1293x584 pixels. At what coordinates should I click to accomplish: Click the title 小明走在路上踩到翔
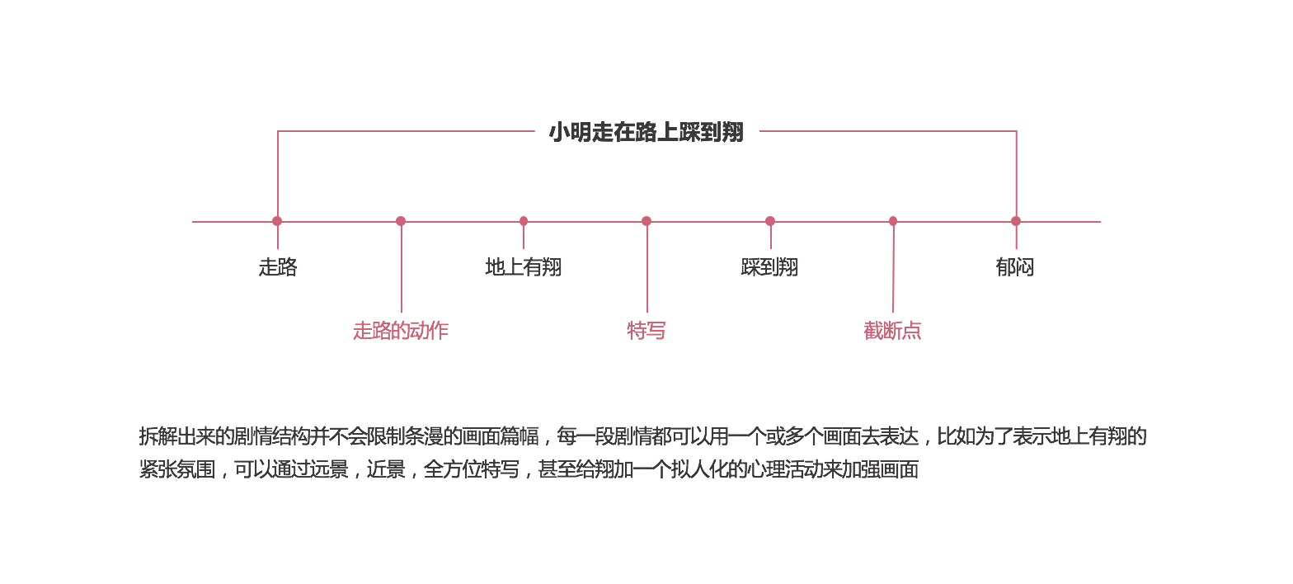[x=646, y=133]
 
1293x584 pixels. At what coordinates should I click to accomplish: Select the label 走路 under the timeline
[x=278, y=267]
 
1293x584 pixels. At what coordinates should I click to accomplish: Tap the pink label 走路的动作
[x=401, y=331]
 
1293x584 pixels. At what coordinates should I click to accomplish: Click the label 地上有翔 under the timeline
[x=524, y=267]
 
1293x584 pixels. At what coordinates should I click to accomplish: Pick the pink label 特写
[x=646, y=331]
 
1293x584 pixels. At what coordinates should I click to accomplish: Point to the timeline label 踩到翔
[x=769, y=267]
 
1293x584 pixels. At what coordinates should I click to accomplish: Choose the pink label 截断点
[x=892, y=331]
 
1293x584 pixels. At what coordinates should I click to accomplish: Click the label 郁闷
[x=1015, y=267]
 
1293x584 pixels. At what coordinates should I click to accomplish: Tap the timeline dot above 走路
[x=277, y=221]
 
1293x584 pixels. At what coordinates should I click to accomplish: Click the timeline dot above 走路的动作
[x=401, y=221]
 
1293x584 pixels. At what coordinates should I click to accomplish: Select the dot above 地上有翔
[x=524, y=221]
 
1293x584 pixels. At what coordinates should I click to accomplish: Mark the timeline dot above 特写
[x=646, y=221]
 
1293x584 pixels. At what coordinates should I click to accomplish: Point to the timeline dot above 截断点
[x=893, y=221]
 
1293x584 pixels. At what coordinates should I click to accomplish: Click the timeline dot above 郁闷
[x=1016, y=221]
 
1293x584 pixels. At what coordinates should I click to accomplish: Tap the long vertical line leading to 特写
[x=647, y=272]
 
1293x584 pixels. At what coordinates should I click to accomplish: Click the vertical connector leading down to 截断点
[x=893, y=272]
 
